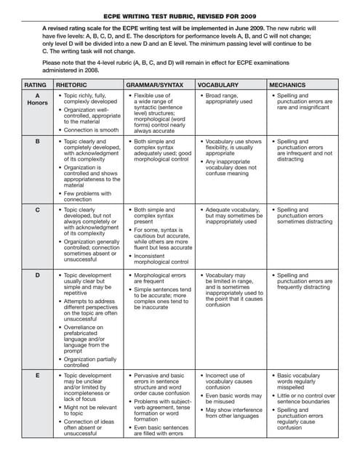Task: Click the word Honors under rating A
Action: [x=37, y=102]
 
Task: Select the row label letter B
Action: [x=37, y=142]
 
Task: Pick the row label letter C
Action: [x=37, y=210]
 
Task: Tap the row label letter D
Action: [x=37, y=275]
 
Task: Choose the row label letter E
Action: [x=37, y=376]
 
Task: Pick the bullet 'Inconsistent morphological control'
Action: [x=159, y=258]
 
